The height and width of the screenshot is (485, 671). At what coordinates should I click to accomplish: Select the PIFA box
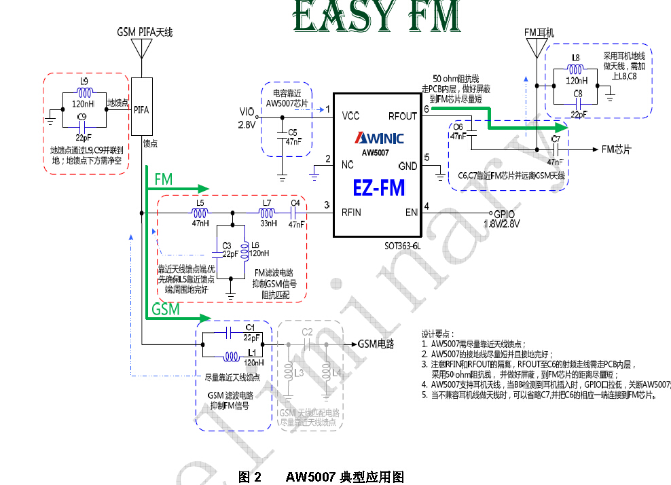pyautogui.click(x=142, y=108)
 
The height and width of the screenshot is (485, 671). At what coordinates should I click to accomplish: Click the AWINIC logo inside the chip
pyautogui.click(x=379, y=139)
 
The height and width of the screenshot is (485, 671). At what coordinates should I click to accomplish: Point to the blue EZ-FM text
pyautogui.click(x=379, y=187)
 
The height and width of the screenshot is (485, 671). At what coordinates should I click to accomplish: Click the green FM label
pyautogui.click(x=164, y=179)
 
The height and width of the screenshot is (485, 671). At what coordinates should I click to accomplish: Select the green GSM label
pyautogui.click(x=166, y=309)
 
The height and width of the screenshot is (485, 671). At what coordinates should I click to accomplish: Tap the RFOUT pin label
pyautogui.click(x=403, y=116)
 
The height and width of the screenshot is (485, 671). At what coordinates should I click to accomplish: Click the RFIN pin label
pyautogui.click(x=351, y=212)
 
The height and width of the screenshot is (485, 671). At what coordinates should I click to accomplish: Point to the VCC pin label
pyautogui.click(x=351, y=115)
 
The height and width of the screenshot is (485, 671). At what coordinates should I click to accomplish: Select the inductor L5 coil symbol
pyautogui.click(x=200, y=213)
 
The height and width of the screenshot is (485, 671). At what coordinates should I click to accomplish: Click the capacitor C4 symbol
pyautogui.click(x=295, y=213)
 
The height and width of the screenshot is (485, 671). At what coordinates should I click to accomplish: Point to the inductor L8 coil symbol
pyautogui.click(x=576, y=68)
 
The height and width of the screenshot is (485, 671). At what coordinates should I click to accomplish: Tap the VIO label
pyautogui.click(x=247, y=112)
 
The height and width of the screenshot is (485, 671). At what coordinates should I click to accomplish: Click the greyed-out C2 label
pyautogui.click(x=307, y=331)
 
